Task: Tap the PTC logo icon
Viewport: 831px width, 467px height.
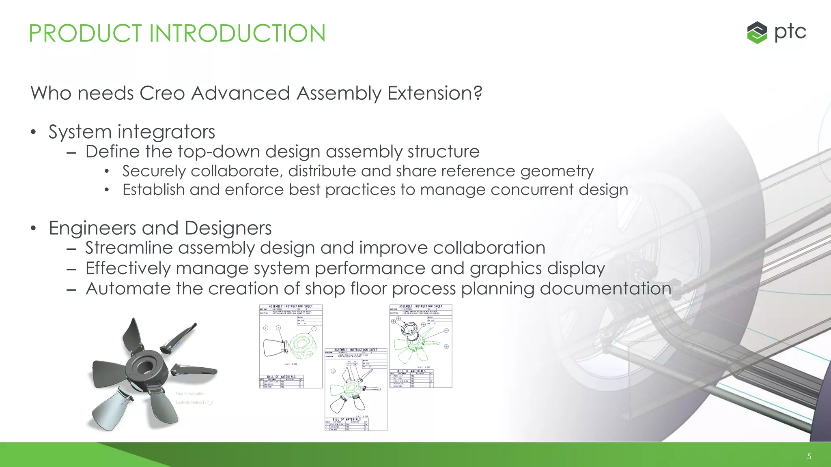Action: pos(757,32)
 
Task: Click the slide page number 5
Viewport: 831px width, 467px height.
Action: pos(809,456)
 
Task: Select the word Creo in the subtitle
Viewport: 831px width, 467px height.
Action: pos(162,93)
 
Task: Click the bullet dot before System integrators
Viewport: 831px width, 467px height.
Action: pos(34,132)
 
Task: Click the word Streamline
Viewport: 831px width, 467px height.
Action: pos(129,248)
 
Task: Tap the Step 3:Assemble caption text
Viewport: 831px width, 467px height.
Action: pos(189,394)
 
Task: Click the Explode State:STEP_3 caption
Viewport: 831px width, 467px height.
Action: pos(194,402)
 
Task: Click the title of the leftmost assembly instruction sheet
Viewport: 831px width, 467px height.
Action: pos(291,306)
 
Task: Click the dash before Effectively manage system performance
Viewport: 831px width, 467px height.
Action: pos(71,269)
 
